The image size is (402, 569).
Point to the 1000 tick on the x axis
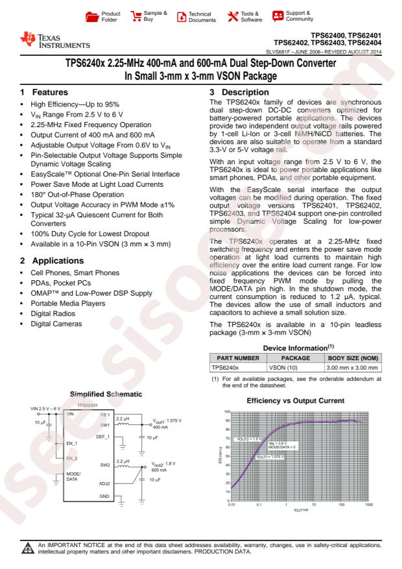[x=369, y=504]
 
